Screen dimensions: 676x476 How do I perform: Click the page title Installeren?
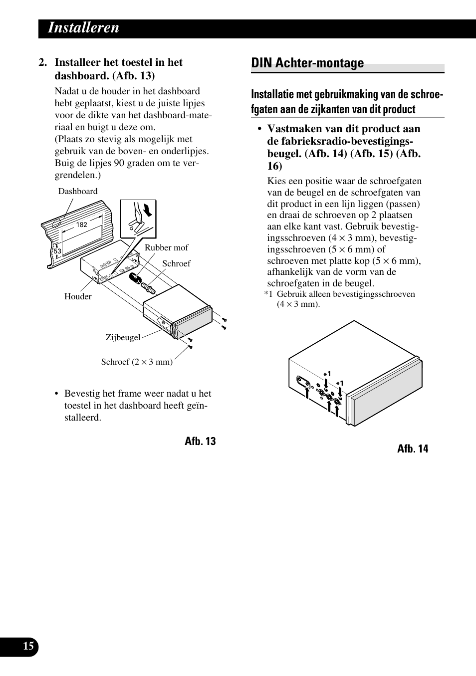[x=83, y=28]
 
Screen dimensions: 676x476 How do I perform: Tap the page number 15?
[x=29, y=647]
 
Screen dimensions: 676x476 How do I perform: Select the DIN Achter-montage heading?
[x=307, y=63]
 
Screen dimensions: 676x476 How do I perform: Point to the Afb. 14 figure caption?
[x=413, y=449]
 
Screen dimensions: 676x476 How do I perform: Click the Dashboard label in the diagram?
[x=78, y=191]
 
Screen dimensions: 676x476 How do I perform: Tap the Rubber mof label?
[x=166, y=247]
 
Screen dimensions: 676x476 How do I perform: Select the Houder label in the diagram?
[x=78, y=296]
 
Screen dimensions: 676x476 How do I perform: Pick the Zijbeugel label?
[x=123, y=337]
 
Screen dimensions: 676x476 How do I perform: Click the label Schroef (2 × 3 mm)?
[x=137, y=362]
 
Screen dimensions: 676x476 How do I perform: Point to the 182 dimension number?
[x=82, y=225]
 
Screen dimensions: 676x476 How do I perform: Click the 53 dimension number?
[x=57, y=251]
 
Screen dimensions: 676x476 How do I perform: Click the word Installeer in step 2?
[x=76, y=62]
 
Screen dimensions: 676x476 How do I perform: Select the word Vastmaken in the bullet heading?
[x=294, y=128]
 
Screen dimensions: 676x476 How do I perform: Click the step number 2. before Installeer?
[x=43, y=62]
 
